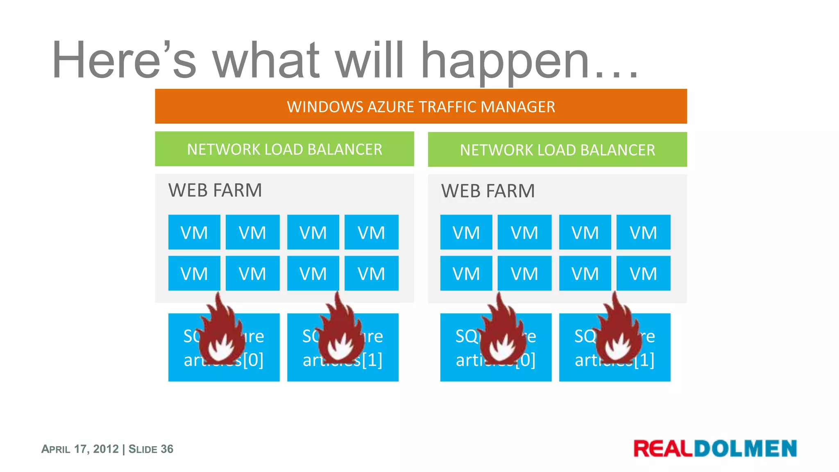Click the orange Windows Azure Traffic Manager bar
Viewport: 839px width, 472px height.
(x=421, y=107)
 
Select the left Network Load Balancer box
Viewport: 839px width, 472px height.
(x=284, y=149)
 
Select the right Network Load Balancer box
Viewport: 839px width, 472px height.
(x=557, y=150)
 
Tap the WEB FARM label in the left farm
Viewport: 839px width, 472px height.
(x=215, y=191)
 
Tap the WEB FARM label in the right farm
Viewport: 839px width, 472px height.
(x=488, y=191)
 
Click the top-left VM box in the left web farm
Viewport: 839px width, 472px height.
(x=194, y=232)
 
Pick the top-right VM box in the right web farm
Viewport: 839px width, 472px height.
(x=643, y=232)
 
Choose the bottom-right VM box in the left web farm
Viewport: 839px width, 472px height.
(x=371, y=273)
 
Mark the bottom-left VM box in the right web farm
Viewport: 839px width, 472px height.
(x=466, y=273)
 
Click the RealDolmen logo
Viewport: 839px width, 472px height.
(x=715, y=448)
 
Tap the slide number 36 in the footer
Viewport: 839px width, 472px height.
(x=167, y=449)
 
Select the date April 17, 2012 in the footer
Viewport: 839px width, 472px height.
(x=80, y=449)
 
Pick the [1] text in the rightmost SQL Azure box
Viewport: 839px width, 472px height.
(x=644, y=360)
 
